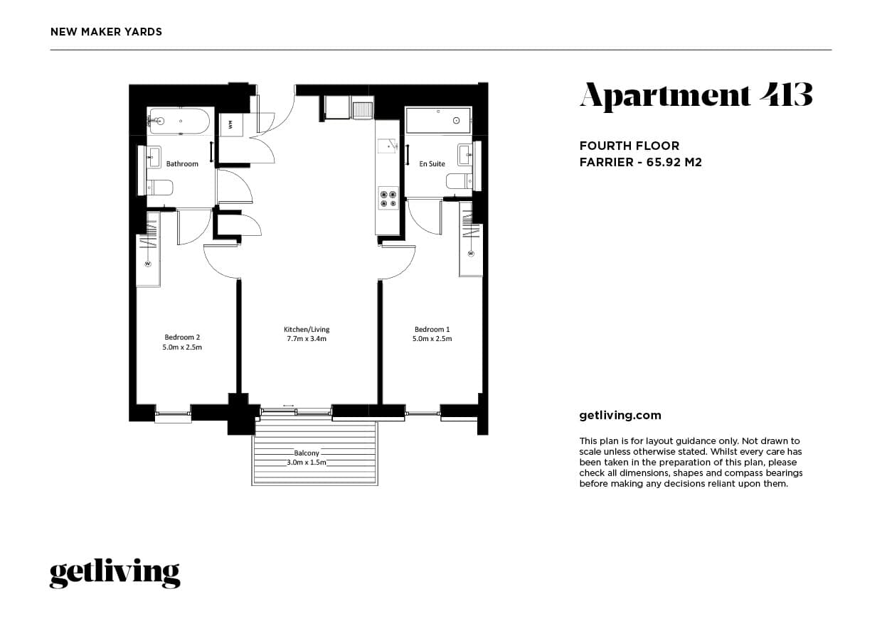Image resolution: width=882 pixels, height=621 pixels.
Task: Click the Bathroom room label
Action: (x=182, y=163)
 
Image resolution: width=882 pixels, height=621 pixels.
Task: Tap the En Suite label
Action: (x=432, y=163)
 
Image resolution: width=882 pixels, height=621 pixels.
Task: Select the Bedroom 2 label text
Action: (x=182, y=337)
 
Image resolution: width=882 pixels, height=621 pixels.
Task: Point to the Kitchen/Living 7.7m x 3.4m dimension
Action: (x=307, y=339)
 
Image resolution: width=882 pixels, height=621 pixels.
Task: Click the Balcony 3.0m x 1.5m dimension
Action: (x=307, y=462)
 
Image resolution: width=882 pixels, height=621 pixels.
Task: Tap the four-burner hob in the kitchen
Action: (x=388, y=199)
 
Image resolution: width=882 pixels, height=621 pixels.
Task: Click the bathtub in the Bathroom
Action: (x=181, y=121)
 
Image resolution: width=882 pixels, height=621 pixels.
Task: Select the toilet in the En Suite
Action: (x=459, y=181)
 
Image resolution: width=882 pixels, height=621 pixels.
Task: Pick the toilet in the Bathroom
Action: (x=160, y=188)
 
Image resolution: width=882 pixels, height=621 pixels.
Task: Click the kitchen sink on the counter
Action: (x=387, y=146)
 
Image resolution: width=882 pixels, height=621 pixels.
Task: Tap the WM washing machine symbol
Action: (x=230, y=125)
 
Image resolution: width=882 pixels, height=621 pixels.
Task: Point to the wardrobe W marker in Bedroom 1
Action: (x=471, y=254)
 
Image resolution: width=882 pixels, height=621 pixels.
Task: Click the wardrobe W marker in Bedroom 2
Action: (x=148, y=264)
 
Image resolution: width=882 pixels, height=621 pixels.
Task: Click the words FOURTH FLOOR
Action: (x=629, y=146)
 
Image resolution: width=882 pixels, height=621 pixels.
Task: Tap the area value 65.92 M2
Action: (x=674, y=162)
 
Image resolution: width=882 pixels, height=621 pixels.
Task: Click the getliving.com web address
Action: (x=620, y=416)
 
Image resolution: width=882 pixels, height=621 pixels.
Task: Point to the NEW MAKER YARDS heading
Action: (x=106, y=32)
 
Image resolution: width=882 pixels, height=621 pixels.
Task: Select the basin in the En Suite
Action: (x=465, y=155)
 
